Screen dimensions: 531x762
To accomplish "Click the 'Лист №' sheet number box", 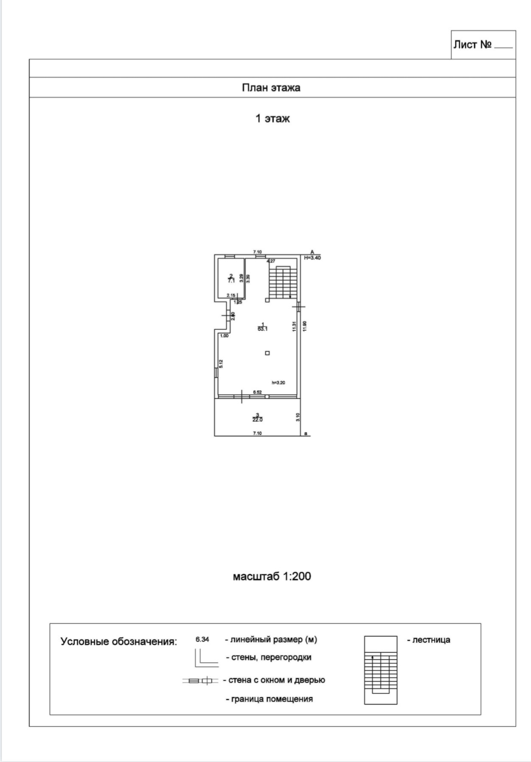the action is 483,45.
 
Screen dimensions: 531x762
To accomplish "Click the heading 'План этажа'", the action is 271,88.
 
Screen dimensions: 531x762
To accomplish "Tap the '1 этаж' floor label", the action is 272,118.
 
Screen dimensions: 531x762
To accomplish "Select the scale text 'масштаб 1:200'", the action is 272,576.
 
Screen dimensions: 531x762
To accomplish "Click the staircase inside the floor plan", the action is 280,282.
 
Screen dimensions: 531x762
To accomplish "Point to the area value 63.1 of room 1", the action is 262,329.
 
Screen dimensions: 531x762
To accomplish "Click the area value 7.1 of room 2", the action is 231,280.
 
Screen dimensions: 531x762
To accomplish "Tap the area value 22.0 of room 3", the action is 257,419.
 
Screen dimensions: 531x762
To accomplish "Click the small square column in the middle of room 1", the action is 267,353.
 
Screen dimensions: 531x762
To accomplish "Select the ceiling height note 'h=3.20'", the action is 278,382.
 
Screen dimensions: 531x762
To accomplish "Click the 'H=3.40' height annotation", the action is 312,258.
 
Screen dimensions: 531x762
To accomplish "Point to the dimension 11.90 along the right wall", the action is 305,326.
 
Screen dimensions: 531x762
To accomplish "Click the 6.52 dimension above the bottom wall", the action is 257,392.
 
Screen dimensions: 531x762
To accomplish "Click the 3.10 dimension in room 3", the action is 298,417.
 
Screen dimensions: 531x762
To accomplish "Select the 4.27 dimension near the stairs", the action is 271,261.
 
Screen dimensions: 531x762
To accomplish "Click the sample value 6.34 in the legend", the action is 202,639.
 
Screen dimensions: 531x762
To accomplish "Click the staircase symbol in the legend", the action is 381,670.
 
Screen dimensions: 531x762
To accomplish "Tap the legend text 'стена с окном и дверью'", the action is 277,680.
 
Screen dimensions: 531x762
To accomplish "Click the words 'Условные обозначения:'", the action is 118,641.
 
